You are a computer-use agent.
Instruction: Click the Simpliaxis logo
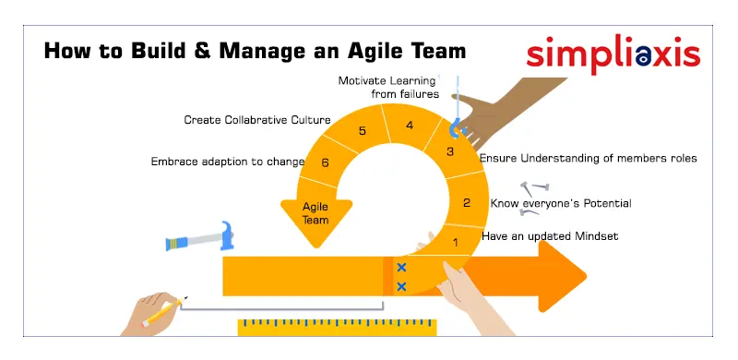click(613, 54)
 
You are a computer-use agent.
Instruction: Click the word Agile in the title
click(381, 49)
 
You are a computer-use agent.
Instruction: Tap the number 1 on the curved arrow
click(454, 243)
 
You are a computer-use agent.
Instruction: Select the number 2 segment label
click(467, 203)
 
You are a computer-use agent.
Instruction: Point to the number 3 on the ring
click(450, 152)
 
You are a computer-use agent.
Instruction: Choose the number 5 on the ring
click(363, 131)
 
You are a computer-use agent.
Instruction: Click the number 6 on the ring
click(325, 162)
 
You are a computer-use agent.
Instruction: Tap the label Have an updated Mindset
click(550, 236)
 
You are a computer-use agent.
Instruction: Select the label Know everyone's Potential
click(561, 203)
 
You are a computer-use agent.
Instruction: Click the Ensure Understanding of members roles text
click(589, 158)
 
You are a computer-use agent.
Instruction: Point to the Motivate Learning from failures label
click(388, 87)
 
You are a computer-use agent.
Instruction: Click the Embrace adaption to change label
click(228, 162)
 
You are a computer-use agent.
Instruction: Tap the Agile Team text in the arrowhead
click(316, 213)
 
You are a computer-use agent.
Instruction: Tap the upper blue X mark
click(401, 268)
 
